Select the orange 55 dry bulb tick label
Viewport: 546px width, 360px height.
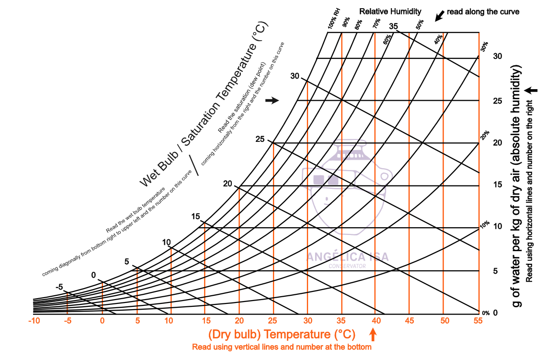(478, 321)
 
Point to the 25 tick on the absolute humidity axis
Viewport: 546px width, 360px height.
(498, 101)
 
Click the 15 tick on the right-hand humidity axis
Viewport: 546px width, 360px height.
(498, 185)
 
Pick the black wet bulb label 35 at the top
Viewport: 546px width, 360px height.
(394, 26)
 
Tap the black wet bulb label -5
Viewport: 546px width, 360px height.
(59, 287)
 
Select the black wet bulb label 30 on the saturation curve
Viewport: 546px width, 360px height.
(295, 76)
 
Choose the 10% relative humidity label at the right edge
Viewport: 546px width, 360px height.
(485, 224)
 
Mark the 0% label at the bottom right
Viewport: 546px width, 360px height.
(486, 313)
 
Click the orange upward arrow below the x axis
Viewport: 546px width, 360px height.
(374, 334)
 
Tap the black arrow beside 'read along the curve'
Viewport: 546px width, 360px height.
(439, 16)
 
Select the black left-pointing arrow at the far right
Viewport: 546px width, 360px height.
(530, 90)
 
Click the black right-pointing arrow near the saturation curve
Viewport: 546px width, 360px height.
(272, 100)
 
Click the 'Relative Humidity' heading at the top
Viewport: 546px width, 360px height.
(390, 11)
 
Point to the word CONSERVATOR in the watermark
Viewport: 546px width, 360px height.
(347, 266)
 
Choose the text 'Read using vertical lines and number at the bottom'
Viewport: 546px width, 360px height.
(282, 347)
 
